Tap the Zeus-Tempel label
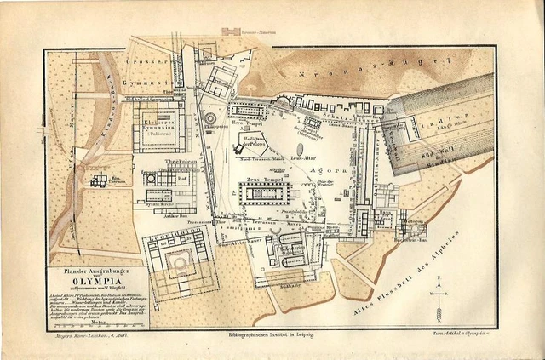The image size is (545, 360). (264, 180)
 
